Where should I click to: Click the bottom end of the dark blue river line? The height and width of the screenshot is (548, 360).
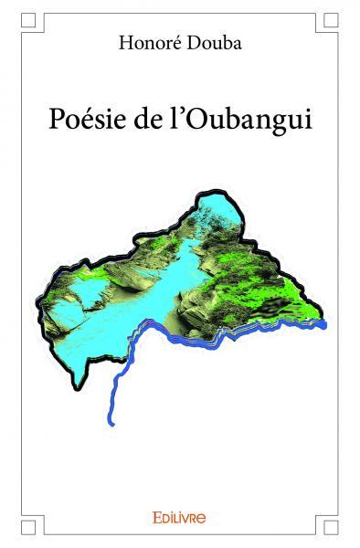pos(111,423)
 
